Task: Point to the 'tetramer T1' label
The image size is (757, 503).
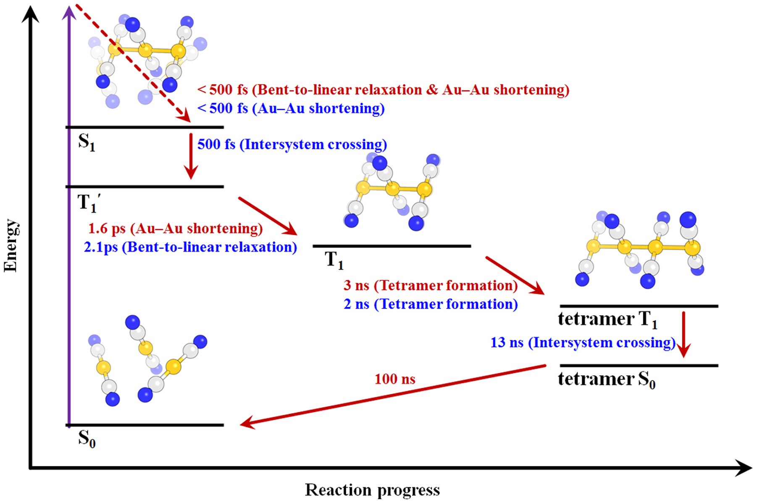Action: coord(607,319)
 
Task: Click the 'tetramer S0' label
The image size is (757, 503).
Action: coord(606,379)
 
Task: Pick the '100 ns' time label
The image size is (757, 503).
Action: coord(394,379)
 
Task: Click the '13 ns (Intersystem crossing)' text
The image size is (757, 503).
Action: coord(583,342)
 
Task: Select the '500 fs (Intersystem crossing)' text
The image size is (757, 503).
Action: coord(292,144)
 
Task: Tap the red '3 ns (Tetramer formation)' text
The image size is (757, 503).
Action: coord(430,285)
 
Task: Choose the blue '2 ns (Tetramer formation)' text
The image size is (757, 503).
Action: coord(430,304)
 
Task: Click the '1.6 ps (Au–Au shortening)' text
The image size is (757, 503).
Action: coord(175,228)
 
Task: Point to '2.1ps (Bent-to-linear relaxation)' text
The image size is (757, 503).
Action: coord(190,247)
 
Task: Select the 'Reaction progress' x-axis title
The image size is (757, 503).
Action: coord(372,490)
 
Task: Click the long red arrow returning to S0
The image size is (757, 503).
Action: coord(393,395)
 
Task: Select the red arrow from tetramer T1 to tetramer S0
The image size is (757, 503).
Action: coord(683,334)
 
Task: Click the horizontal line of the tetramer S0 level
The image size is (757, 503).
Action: coord(639,366)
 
